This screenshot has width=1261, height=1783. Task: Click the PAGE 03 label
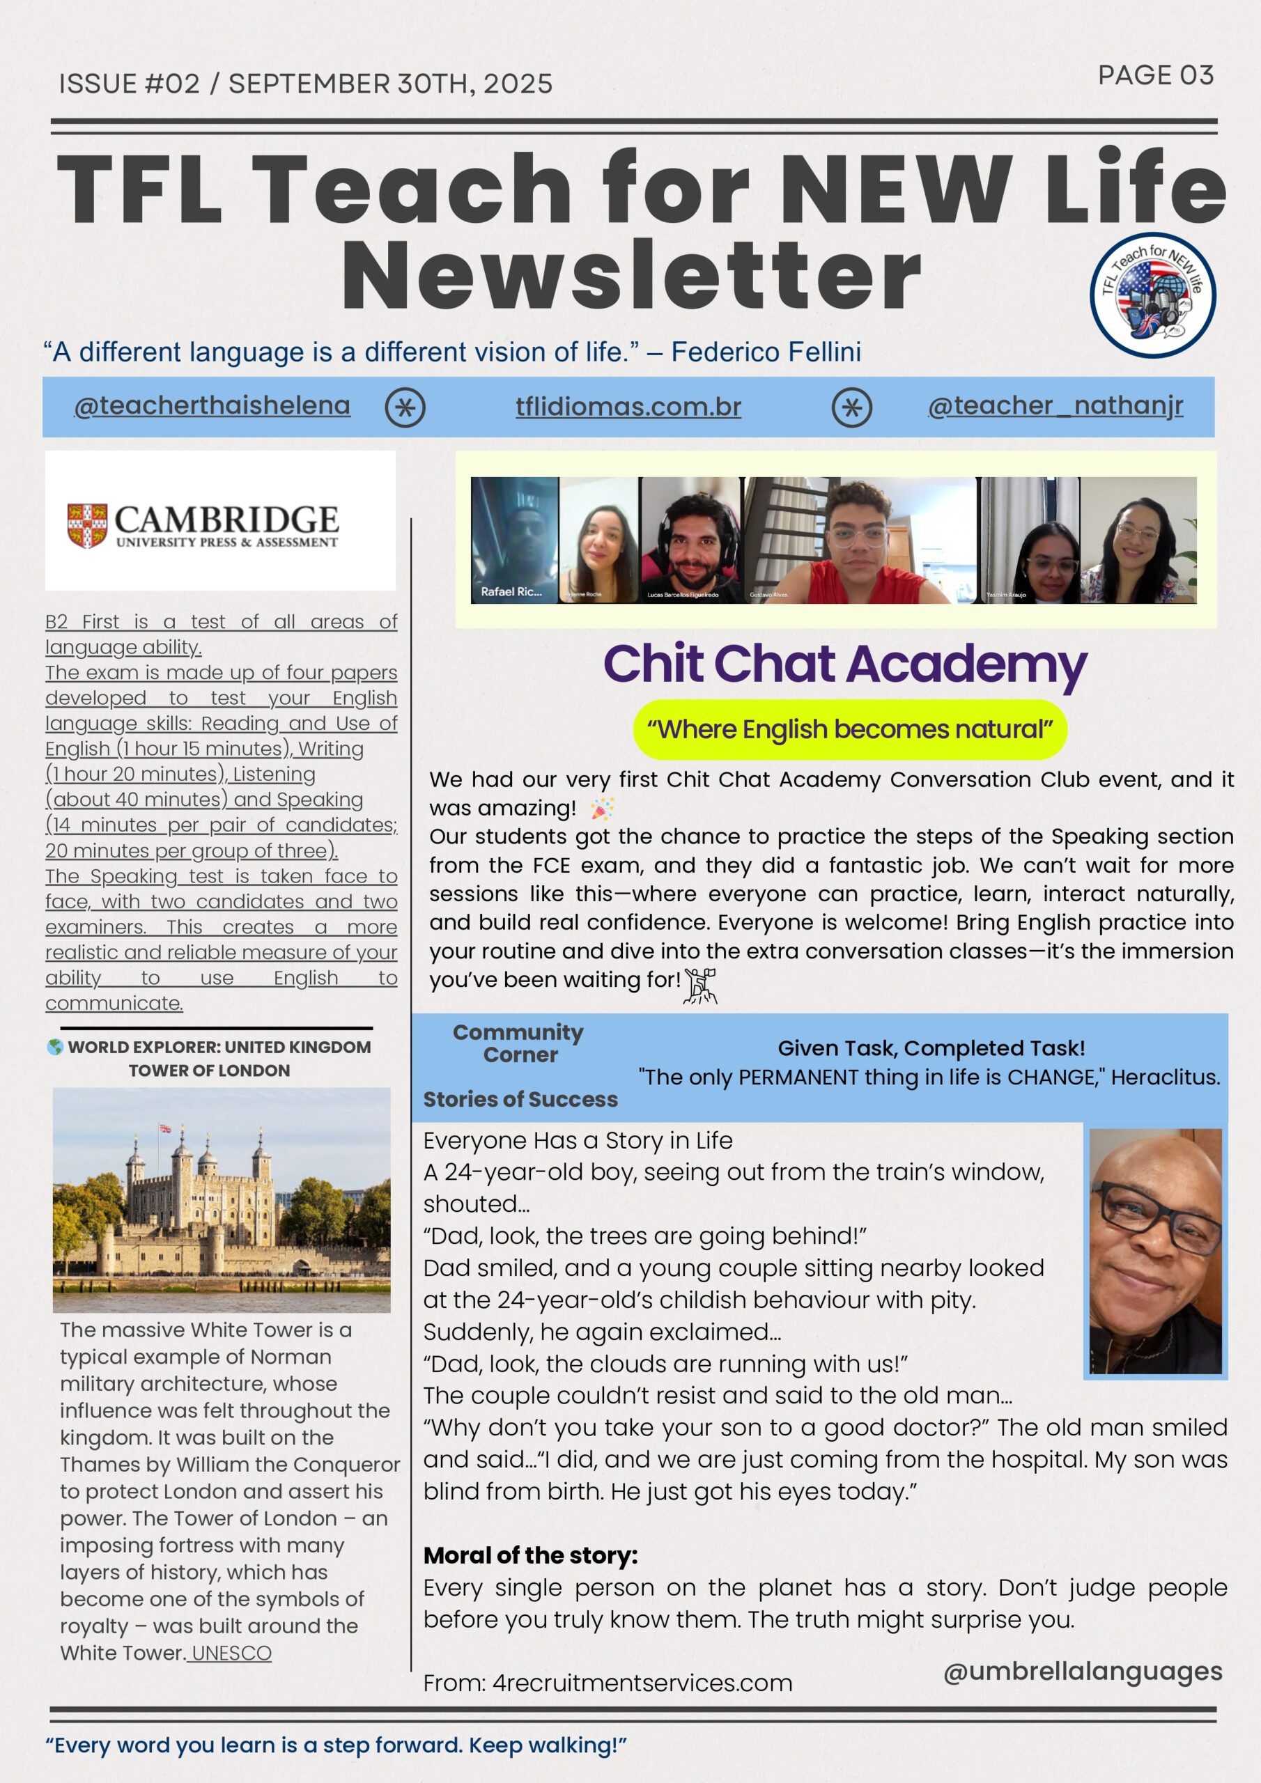click(x=1154, y=75)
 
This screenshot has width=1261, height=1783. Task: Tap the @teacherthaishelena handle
click(x=212, y=406)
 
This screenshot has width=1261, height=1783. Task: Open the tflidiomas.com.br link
click(x=628, y=407)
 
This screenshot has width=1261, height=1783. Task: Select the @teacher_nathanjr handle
click(x=1055, y=406)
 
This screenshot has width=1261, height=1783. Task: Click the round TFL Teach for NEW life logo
click(x=1152, y=295)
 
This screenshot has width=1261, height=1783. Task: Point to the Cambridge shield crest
click(x=87, y=525)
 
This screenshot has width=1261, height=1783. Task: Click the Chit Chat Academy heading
click(x=844, y=664)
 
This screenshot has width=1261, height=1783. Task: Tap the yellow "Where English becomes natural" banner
click(x=849, y=730)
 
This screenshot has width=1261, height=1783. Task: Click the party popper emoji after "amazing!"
click(x=601, y=809)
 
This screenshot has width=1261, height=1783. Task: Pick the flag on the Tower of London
click(x=164, y=1128)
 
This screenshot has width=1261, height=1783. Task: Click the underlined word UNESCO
click(x=231, y=1653)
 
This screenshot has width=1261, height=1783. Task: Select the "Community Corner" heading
click(x=518, y=1043)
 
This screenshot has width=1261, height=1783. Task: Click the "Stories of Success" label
click(x=520, y=1100)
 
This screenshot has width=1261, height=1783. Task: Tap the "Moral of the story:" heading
click(x=530, y=1555)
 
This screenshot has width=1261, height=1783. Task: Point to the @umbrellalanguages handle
click(x=1082, y=1670)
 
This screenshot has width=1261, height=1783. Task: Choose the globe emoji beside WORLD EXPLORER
click(x=55, y=1047)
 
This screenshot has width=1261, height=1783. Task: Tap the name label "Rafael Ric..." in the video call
click(x=511, y=592)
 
